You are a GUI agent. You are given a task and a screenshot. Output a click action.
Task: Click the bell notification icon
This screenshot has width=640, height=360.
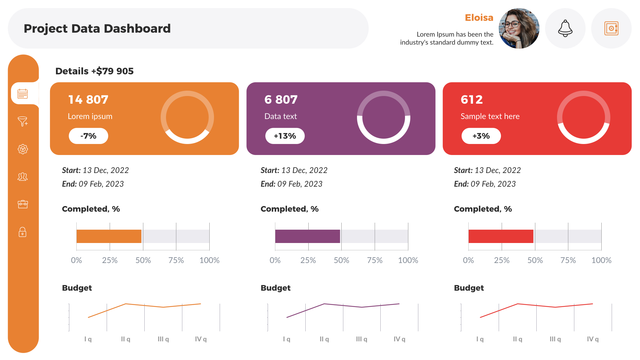pos(565,28)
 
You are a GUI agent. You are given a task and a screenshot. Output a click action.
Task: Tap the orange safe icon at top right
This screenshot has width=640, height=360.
pos(611,28)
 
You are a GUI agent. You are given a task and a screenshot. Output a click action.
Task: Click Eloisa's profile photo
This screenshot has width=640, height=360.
pos(519,28)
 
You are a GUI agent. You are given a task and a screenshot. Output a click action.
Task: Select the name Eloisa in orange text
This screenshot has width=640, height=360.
pos(479,18)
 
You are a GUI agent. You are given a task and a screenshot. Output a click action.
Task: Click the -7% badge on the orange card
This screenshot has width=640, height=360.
pos(88,136)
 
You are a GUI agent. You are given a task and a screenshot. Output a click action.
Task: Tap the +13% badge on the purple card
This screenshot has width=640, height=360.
pos(285,136)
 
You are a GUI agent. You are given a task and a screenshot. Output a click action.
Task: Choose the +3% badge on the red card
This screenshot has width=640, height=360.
pos(481,136)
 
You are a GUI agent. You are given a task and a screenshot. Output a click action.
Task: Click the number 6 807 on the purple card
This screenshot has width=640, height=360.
pos(281,100)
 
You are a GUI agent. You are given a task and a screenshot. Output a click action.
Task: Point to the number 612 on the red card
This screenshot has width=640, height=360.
pos(471,100)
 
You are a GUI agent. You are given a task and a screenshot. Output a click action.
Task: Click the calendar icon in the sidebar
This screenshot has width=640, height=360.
pos(23,94)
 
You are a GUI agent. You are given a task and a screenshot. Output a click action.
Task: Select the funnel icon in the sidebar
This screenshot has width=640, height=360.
pos(23,121)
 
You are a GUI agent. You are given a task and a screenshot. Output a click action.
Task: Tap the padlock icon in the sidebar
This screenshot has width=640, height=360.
pos(23,232)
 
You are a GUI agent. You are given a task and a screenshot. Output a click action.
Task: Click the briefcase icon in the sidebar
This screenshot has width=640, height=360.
pos(23,204)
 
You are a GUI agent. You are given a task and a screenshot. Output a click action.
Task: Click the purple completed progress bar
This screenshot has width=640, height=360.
pos(307,236)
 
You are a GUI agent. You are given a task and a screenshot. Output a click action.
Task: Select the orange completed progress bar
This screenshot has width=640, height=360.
pos(109,236)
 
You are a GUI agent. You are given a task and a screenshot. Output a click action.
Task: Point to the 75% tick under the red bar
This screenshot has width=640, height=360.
pos(568,260)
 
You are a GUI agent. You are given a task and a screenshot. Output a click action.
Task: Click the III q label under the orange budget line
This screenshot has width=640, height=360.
pos(163,339)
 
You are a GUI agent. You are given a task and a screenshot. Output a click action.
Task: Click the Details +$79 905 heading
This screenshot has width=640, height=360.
pos(94,71)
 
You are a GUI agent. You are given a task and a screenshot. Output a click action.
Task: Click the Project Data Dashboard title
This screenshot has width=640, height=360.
pos(97,29)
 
